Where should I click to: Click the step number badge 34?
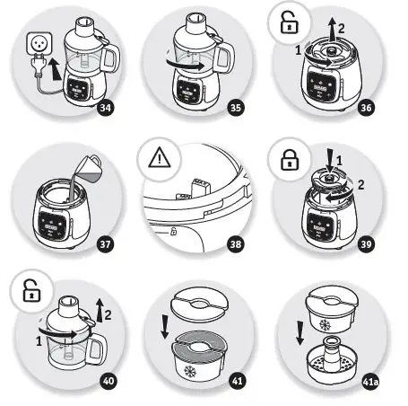(x=106, y=108)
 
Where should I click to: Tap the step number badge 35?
(x=236, y=108)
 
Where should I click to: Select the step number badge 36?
(x=366, y=108)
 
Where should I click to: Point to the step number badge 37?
(x=106, y=244)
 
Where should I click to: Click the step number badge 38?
(x=236, y=244)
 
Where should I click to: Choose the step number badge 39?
(x=366, y=244)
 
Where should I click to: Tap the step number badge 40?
(x=109, y=381)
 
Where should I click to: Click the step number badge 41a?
(x=370, y=382)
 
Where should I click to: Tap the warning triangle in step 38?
(x=160, y=157)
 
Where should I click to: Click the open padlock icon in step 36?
(x=290, y=22)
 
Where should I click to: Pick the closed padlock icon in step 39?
(x=290, y=159)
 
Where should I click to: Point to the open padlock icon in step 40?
(x=31, y=291)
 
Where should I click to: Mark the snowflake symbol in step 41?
(x=190, y=371)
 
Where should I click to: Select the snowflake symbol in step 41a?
(x=326, y=325)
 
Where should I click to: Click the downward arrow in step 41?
(x=165, y=327)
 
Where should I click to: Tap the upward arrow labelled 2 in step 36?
(x=332, y=29)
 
